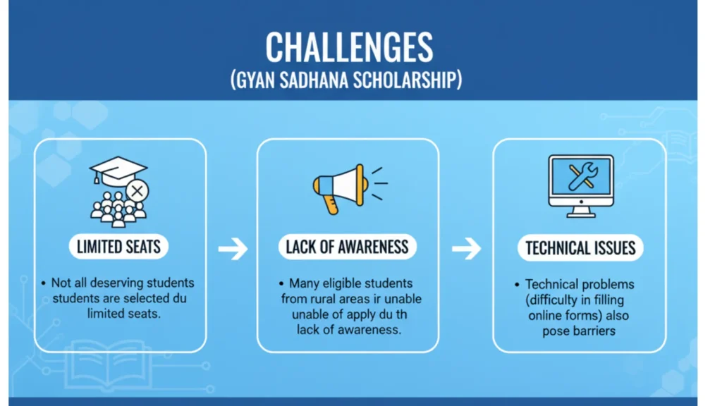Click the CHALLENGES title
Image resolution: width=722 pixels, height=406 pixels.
(x=349, y=47)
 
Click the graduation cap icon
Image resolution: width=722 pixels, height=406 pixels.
(x=118, y=169)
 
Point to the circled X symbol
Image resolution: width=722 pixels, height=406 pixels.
(x=137, y=191)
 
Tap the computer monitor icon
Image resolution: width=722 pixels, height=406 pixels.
(x=581, y=186)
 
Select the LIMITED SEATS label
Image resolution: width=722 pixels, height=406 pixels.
(x=118, y=247)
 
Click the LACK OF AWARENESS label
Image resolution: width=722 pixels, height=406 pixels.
(x=347, y=247)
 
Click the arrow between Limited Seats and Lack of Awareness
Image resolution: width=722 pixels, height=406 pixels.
(x=233, y=249)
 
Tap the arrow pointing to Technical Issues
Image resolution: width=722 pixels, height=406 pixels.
(x=467, y=249)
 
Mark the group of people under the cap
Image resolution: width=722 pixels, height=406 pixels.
(x=118, y=209)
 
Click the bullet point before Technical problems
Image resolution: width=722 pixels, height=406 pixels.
(x=517, y=285)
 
